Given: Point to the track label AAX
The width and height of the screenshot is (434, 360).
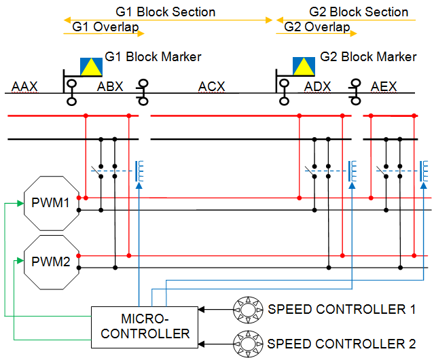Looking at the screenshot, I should (x=24, y=86).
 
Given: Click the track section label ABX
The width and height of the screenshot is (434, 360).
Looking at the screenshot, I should (x=111, y=86).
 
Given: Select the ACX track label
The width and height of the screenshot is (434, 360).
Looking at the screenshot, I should (x=211, y=86).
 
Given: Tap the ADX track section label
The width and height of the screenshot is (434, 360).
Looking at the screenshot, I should (x=318, y=86).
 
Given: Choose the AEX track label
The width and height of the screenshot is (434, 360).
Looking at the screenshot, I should (x=384, y=86).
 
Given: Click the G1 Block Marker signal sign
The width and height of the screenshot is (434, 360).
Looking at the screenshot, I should (x=91, y=66).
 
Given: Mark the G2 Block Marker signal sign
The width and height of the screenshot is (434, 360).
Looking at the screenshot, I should (x=304, y=66).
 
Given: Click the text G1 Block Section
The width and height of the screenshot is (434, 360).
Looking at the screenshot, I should (x=165, y=12).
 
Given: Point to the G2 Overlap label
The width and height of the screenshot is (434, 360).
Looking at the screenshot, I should (x=317, y=27).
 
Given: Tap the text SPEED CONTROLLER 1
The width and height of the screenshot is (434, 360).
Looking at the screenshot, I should (x=342, y=309).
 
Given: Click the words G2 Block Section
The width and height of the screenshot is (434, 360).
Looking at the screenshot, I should (x=359, y=12).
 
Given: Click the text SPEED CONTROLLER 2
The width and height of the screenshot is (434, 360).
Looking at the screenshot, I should (x=342, y=343).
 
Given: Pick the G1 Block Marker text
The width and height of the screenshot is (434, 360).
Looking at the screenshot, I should (x=153, y=56).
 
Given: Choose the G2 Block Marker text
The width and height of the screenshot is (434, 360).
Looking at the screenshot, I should (x=368, y=56).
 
